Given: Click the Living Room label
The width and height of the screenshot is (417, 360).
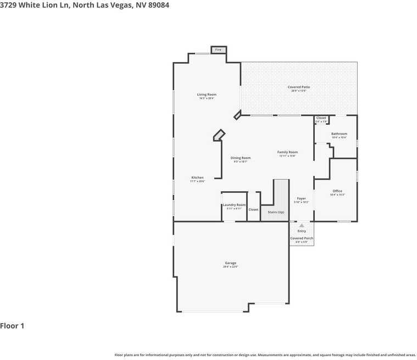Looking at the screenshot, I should (x=207, y=95).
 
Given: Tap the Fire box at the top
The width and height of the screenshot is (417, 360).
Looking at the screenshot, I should (x=218, y=50).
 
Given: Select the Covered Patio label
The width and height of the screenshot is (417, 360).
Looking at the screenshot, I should (x=298, y=87).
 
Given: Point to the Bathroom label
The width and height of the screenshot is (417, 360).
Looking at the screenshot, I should (x=339, y=134).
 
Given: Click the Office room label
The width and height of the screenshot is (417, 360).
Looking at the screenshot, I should (x=337, y=191).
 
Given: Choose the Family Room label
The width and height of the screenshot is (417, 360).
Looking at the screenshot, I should (x=287, y=152).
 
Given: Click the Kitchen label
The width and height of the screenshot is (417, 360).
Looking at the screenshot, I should (x=197, y=178).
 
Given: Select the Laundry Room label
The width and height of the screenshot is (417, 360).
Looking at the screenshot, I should (x=234, y=205).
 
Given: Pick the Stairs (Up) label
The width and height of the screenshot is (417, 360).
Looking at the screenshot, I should (x=276, y=212).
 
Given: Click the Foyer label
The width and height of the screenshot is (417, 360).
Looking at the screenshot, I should (x=301, y=198).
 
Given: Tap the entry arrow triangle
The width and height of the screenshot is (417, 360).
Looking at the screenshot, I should (x=301, y=225).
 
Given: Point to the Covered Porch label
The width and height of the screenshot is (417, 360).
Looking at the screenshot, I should (x=302, y=238).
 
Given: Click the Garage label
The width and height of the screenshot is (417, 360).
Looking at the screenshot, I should (x=230, y=263).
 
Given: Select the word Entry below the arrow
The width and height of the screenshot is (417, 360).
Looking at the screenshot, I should (x=302, y=231).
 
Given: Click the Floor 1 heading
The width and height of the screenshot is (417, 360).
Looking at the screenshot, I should (x=12, y=326).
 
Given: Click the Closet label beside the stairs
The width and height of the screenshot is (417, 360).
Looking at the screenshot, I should (x=253, y=209).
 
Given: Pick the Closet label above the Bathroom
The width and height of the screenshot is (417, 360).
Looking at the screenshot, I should (x=321, y=118).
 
